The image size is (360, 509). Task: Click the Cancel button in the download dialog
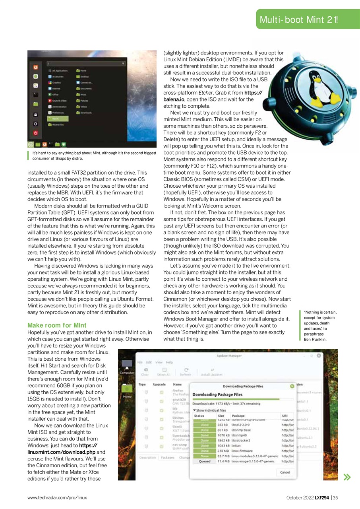pyautogui.click(x=285, y=472)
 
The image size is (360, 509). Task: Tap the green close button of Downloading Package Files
pyautogui.click(x=292, y=386)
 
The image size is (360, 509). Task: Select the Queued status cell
pyautogui.click(x=205, y=462)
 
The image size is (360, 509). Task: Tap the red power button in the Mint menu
pyautogui.click(x=35, y=133)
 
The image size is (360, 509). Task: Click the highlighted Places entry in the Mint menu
pyautogui.click(x=58, y=119)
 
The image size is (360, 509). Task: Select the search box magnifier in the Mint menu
pyautogui.click(x=123, y=63)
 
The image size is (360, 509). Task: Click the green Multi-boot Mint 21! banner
pyautogui.click(x=298, y=19)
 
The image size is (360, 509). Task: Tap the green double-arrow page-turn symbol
pyautogui.click(x=347, y=477)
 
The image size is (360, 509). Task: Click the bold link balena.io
pyautogui.click(x=174, y=99)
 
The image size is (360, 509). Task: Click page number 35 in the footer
pyautogui.click(x=335, y=497)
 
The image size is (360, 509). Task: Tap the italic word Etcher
pyautogui.click(x=205, y=93)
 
